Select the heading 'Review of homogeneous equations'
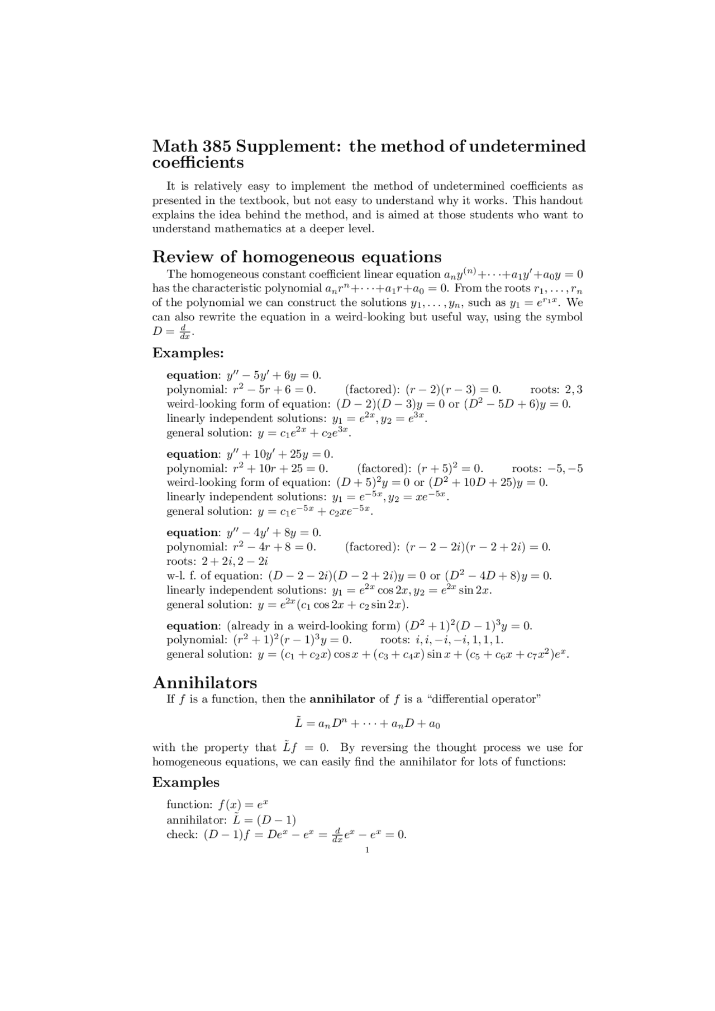coord(297,257)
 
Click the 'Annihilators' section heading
coord(204,683)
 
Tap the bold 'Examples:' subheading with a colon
coord(188,353)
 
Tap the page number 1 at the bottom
coord(367,850)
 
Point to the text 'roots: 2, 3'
coord(556,390)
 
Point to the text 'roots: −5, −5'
coord(547,468)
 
